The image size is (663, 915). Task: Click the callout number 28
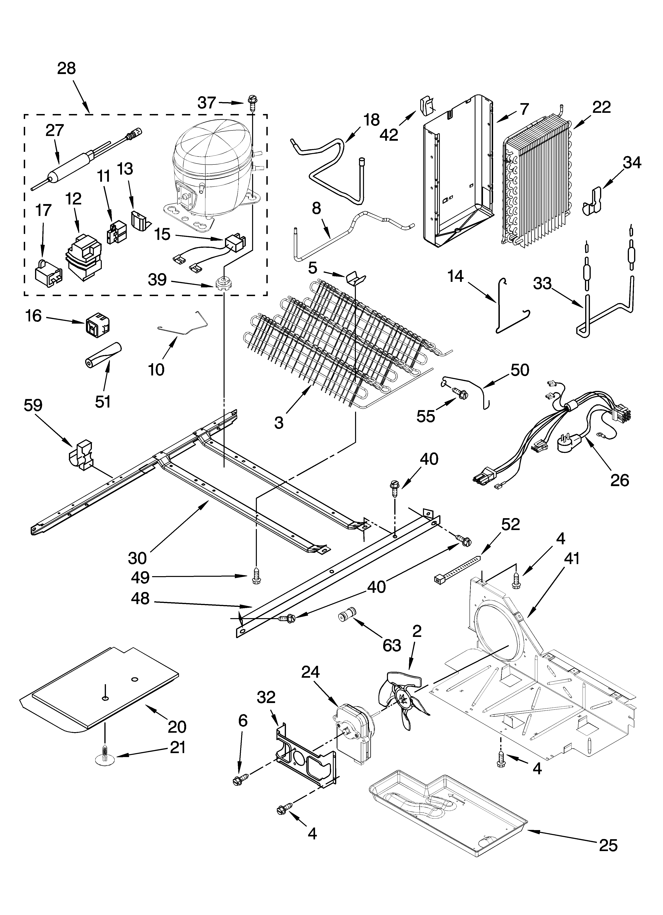click(x=66, y=69)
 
